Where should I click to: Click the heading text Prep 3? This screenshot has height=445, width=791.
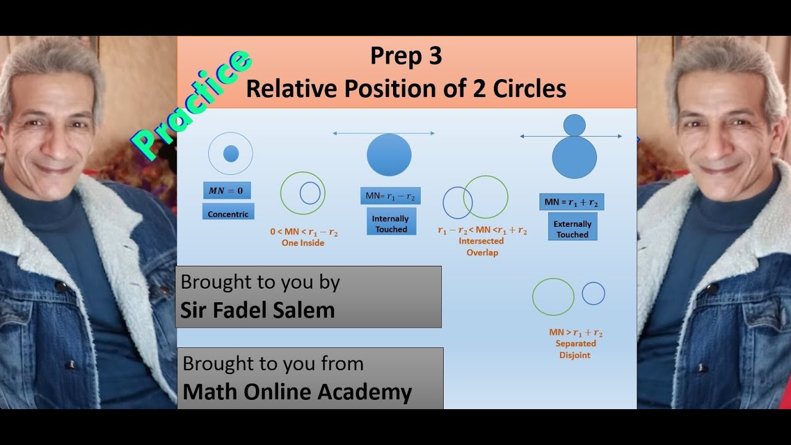[x=406, y=56]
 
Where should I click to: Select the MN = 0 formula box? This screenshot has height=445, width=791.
[x=227, y=190]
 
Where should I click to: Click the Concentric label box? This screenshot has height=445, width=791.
[x=228, y=214]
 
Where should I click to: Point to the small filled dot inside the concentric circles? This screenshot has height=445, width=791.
[x=231, y=154]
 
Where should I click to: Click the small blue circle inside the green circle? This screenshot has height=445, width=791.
[x=310, y=193]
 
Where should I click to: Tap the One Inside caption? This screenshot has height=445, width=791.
[x=303, y=243]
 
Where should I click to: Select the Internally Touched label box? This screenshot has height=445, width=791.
[x=390, y=224]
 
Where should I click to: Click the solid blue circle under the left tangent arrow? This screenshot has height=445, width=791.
[x=389, y=155]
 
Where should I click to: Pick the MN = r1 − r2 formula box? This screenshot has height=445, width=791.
[x=390, y=197]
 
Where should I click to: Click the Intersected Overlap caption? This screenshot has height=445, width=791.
[x=482, y=247]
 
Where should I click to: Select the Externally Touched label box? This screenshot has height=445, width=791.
[x=572, y=229]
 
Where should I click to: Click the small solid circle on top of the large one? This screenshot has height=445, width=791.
[x=575, y=125]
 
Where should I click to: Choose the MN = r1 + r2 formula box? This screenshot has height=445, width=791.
[x=572, y=202]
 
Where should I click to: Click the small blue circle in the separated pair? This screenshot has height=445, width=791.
[x=593, y=293]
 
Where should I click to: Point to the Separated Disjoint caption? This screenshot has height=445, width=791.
[x=575, y=349]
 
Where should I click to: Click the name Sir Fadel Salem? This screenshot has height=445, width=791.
[x=257, y=310]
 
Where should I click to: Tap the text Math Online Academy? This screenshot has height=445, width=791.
[x=297, y=392]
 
